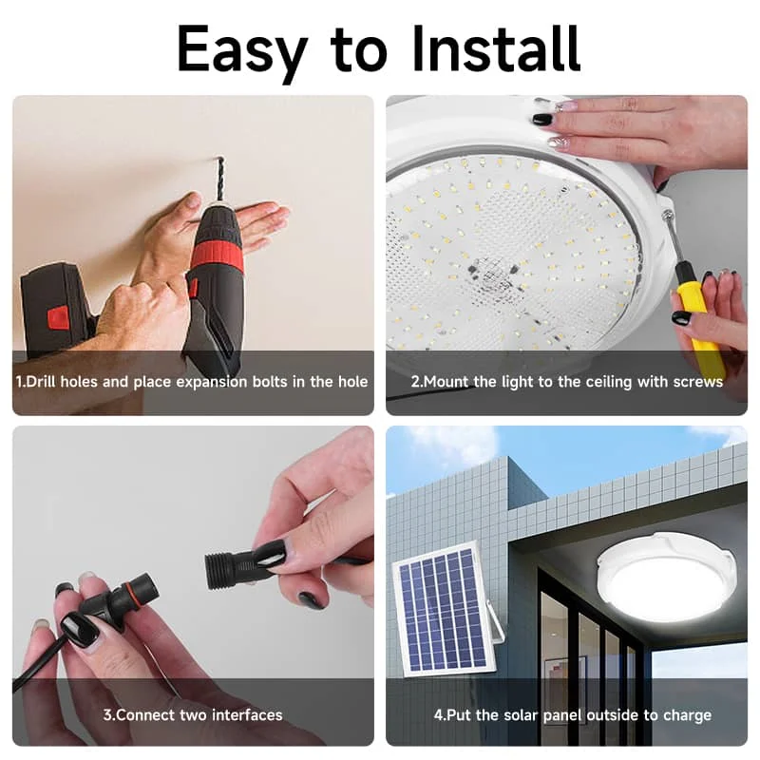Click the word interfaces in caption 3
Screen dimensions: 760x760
[x=246, y=714]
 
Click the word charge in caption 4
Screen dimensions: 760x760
[x=687, y=714]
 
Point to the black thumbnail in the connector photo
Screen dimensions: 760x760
[x=80, y=630]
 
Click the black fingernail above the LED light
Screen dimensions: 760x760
[x=542, y=120]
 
